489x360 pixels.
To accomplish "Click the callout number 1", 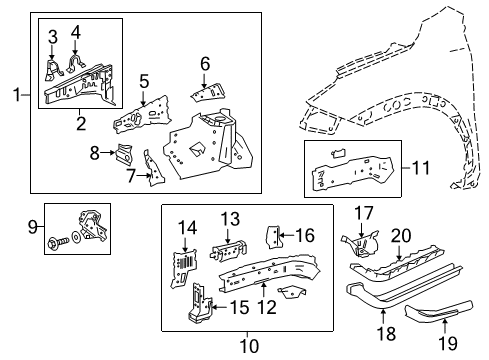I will (14, 94).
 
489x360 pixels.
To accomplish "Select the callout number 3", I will (53, 36).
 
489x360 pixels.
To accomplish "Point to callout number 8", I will (96, 152).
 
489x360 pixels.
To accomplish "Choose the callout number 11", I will (420, 168).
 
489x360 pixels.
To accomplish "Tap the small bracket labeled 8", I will (124, 154).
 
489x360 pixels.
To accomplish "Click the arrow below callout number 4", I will (77, 52).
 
